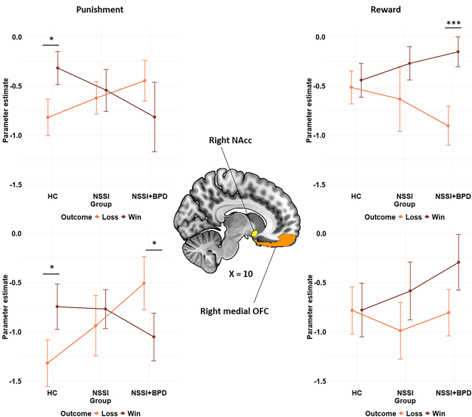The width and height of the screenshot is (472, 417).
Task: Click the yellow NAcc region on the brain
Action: pos(255,233)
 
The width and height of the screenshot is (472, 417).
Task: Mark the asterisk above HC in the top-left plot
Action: pos(51,40)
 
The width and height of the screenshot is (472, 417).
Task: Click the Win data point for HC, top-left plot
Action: pos(58,68)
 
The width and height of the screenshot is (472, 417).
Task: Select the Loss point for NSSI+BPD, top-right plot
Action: pos(448,126)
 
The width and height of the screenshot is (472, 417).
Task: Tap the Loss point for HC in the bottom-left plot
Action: pos(47,363)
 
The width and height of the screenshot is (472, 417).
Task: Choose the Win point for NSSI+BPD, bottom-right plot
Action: pos(459,262)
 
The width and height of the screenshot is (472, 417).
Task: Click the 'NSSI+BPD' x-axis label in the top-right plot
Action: pos(452,196)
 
